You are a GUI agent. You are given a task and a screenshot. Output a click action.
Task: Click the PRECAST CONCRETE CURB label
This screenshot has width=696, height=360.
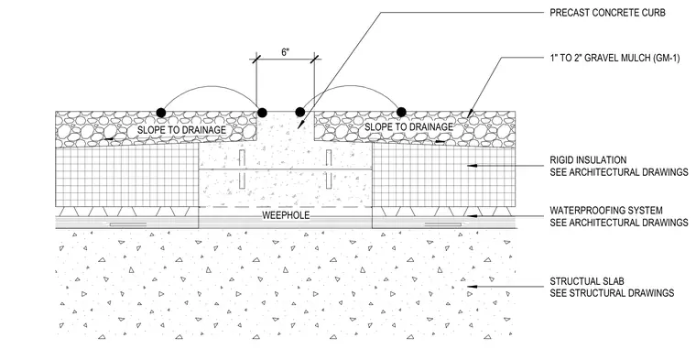pyautogui.click(x=607, y=13)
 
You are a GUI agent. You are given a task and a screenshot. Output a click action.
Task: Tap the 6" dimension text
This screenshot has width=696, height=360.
pyautogui.click(x=285, y=52)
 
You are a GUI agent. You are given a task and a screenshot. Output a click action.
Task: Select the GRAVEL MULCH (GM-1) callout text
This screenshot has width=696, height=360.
pyautogui.click(x=614, y=58)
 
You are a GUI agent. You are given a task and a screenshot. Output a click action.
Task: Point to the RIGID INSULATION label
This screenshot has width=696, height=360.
pyautogui.click(x=588, y=159)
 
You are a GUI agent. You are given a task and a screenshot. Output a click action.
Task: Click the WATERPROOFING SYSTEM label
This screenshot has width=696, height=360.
pyautogui.click(x=606, y=210)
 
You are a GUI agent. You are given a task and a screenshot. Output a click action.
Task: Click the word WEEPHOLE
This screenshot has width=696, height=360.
pyautogui.click(x=286, y=216)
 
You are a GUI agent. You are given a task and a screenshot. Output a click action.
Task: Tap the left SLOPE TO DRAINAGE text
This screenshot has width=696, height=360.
pyautogui.click(x=181, y=130)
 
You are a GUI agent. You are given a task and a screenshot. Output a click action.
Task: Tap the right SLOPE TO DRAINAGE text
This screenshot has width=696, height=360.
pyautogui.click(x=408, y=127)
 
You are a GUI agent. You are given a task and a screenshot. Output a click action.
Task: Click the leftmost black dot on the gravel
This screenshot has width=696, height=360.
pyautogui.click(x=161, y=113)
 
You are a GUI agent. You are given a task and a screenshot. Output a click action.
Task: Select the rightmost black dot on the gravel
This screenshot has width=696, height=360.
pyautogui.click(x=401, y=112)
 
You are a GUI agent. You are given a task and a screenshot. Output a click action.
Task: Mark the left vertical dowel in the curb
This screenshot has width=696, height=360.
pyautogui.click(x=242, y=169)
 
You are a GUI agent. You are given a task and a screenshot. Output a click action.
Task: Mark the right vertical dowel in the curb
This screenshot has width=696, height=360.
pyautogui.click(x=329, y=169)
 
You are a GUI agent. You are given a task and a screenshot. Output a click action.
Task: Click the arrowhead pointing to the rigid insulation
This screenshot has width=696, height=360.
pyautogui.click(x=472, y=166)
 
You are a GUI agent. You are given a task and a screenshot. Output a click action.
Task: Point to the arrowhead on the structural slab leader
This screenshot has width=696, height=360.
pyautogui.click(x=472, y=287)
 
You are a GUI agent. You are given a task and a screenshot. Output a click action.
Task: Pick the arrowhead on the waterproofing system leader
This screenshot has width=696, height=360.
pyautogui.click(x=472, y=216)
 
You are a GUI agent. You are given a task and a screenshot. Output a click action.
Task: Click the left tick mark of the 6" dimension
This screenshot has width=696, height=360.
pyautogui.click(x=256, y=59)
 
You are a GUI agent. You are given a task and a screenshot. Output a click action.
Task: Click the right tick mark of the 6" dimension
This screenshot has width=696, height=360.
pyautogui.click(x=315, y=59)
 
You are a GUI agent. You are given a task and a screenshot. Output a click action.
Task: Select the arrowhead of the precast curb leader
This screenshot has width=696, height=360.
pyautogui.click(x=300, y=125)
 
